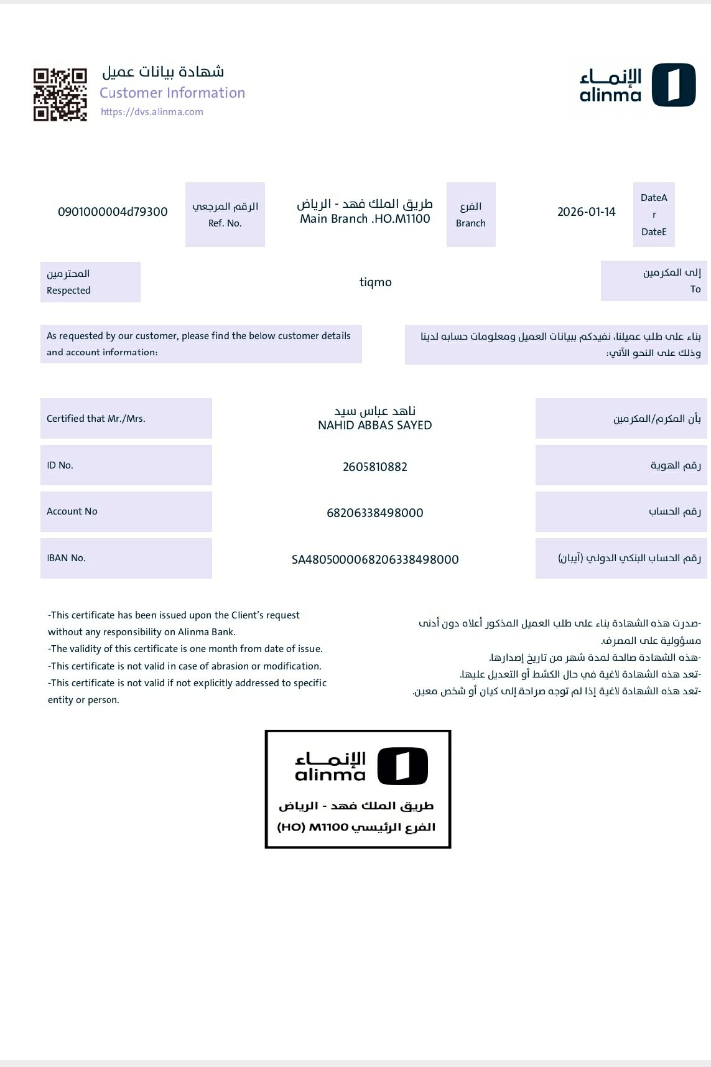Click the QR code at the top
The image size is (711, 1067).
click(60, 95)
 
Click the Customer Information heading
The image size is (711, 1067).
click(172, 93)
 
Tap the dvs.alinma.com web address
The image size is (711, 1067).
click(152, 112)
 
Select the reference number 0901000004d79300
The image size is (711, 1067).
click(113, 212)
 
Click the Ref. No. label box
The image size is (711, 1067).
click(225, 215)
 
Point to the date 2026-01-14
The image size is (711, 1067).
click(586, 212)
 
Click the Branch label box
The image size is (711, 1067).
click(471, 215)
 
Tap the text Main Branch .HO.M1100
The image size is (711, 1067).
click(365, 219)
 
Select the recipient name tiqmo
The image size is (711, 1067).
click(376, 282)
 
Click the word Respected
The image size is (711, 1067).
click(68, 291)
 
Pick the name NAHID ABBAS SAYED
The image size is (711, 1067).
click(374, 426)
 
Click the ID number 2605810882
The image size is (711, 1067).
click(374, 467)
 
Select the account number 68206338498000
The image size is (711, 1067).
click(374, 513)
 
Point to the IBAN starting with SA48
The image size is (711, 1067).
click(374, 559)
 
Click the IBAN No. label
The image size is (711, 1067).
click(66, 558)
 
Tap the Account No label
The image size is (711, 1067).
click(72, 511)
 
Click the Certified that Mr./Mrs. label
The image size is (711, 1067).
click(96, 419)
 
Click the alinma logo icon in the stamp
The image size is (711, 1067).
click(402, 766)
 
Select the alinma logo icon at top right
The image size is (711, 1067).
click(674, 85)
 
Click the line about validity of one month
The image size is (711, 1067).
click(185, 649)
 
